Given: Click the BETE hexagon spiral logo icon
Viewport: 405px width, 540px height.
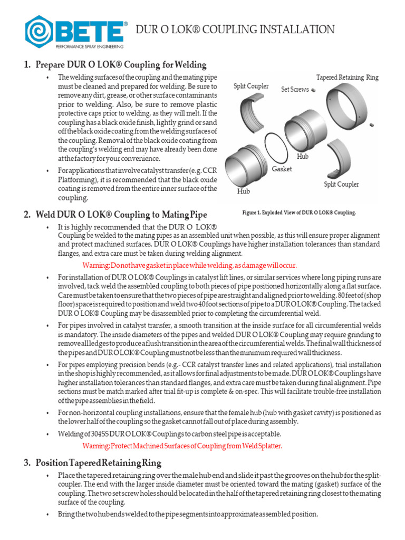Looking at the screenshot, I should pos(38,31).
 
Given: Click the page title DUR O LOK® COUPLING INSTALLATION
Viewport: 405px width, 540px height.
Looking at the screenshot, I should pos(235,30).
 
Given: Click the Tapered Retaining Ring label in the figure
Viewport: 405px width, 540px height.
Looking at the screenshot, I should pos(347,78).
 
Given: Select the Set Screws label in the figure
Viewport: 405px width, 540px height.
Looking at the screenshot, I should pos(295,90).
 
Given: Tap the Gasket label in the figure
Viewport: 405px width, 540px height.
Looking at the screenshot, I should pos(282,169).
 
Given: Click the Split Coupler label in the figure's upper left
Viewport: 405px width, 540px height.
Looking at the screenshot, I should pos(251,86).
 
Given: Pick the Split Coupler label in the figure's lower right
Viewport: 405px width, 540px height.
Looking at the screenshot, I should pos(341,184).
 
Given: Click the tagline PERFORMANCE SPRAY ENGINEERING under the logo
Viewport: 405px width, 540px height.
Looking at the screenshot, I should pos(85,46).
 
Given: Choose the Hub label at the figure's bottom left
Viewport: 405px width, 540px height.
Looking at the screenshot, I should pos(243,191).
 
